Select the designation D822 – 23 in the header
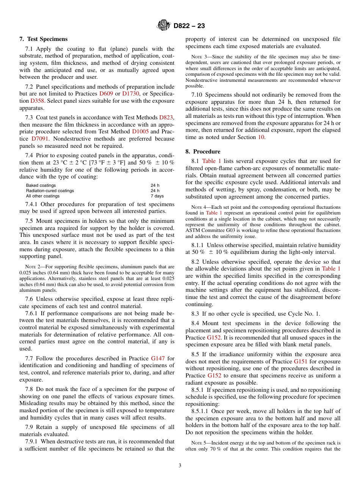[189, 26]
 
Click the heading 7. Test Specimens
[44, 39]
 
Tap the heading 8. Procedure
[203, 152]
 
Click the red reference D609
[106, 94]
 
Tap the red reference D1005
[140, 132]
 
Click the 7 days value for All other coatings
[157, 196]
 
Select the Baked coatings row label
[41, 186]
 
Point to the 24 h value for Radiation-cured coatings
[155, 191]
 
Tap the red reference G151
[301, 361]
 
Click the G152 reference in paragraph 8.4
[214, 338]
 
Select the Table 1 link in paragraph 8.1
[211, 161]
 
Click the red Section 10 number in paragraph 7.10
[262, 137]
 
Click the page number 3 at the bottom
[180, 466]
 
